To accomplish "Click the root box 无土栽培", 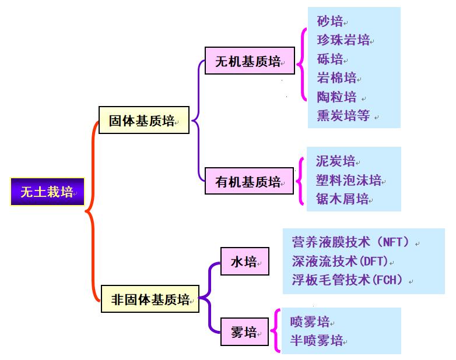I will click(x=47, y=192).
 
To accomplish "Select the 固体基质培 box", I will click(x=143, y=121).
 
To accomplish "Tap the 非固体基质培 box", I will click(x=150, y=300).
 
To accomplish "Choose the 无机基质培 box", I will click(x=249, y=61).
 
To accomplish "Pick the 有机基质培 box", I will click(x=249, y=181).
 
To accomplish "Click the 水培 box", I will click(x=244, y=262).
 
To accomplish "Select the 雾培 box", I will click(x=244, y=333).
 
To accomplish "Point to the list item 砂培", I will click(x=330, y=22).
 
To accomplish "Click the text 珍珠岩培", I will click(x=343, y=40).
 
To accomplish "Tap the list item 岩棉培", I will click(x=336, y=77).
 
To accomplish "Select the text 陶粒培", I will click(x=336, y=96).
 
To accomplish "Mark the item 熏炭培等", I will click(x=343, y=115).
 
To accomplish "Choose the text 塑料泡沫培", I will click(x=348, y=180).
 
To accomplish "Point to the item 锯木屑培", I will click(x=342, y=199).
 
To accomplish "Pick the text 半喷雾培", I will click(x=317, y=341).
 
